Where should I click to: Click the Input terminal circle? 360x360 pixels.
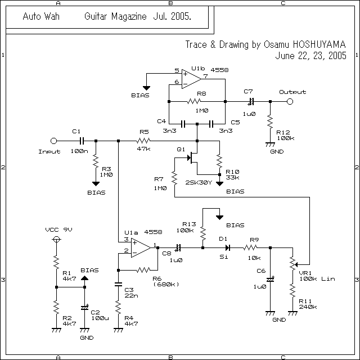(x=53, y=141)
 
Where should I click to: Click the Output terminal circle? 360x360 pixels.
(x=290, y=102)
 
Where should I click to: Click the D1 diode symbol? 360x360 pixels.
(x=226, y=247)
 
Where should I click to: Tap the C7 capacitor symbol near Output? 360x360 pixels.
(x=250, y=102)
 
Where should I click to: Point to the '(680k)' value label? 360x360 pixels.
(x=165, y=284)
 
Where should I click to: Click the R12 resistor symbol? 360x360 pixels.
(x=270, y=121)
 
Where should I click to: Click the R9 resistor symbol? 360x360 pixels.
(x=250, y=247)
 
